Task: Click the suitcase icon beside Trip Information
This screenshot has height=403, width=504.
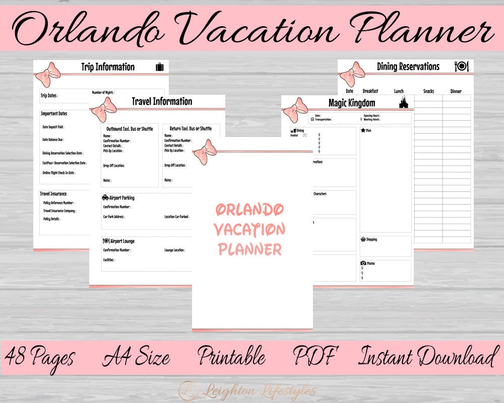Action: click(160, 67)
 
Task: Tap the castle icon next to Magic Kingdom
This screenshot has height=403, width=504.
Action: click(403, 103)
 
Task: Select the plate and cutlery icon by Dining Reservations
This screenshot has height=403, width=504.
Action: click(461, 66)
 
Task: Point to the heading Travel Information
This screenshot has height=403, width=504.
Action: click(162, 101)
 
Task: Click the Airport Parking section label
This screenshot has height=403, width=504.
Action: click(119, 198)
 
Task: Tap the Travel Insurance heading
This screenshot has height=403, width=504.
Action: click(53, 193)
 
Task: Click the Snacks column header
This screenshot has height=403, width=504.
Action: click(428, 91)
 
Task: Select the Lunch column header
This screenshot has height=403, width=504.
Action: click(399, 91)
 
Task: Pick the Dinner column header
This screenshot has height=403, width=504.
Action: click(456, 91)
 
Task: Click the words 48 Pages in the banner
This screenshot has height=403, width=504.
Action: click(40, 357)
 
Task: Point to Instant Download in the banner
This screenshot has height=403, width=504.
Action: click(426, 357)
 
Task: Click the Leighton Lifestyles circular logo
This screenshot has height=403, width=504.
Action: click(188, 390)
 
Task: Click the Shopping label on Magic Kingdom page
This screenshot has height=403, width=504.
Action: click(371, 239)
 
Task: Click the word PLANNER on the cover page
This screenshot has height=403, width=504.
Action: click(249, 249)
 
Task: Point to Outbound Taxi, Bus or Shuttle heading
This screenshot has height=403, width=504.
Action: click(130, 129)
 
